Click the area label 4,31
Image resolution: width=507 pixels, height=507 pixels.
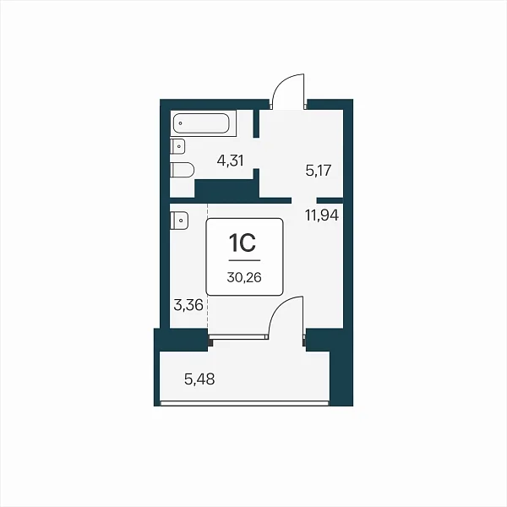pos(230,161)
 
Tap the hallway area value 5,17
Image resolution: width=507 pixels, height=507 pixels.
pos(319,170)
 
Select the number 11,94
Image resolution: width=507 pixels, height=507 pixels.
pos(322,215)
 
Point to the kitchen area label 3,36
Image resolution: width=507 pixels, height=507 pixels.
pos(188,305)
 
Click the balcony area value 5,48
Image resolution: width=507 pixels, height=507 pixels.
pos(199,379)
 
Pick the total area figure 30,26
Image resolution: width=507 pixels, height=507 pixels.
pos(244,277)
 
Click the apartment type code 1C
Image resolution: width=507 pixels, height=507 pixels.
pos(243,243)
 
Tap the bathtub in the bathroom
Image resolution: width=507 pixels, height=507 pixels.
pos(201,123)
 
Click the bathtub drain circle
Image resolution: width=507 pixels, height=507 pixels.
pos(181,123)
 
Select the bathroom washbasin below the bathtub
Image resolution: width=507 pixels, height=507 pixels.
pos(177,146)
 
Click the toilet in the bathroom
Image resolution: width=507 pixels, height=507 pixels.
pos(182,170)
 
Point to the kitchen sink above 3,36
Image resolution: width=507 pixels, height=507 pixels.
pos(179,221)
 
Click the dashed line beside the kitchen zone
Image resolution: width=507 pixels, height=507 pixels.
pos(208,265)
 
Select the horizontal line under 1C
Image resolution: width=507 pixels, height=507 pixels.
pos(244,260)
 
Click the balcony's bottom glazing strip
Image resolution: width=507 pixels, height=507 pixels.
pos(244,403)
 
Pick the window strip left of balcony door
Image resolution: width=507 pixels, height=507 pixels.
pos(238,337)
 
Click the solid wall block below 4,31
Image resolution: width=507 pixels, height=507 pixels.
pos(226,188)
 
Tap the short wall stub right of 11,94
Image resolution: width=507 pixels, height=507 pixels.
pos(330,200)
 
